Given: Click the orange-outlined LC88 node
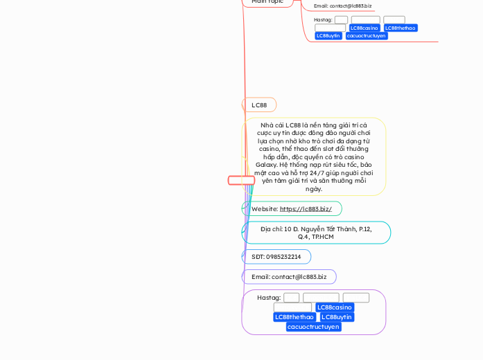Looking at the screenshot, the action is coord(259,105).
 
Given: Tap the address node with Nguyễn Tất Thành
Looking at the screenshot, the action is coord(316,233).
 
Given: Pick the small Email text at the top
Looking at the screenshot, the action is coord(342,6).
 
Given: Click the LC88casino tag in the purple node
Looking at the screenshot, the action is coord(335,307).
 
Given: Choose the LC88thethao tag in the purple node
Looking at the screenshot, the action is coord(294,317).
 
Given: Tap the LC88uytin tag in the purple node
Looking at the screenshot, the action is coord(337,317).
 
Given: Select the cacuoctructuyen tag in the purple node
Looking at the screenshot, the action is coord(313,327).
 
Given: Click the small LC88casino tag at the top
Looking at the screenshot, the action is coord(364,28).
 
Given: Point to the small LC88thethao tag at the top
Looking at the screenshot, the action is coord(401,28).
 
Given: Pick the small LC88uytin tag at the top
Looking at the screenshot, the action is coord(328,36).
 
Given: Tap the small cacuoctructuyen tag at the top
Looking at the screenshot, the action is coord(367,36).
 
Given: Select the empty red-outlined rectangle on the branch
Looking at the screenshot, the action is coord(241,181).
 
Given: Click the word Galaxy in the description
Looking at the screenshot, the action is coord(267,165).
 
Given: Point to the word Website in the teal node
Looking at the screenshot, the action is coord(265,209).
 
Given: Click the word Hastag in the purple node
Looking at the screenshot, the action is coord(268,298).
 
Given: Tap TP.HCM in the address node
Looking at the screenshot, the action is coord(322,237).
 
